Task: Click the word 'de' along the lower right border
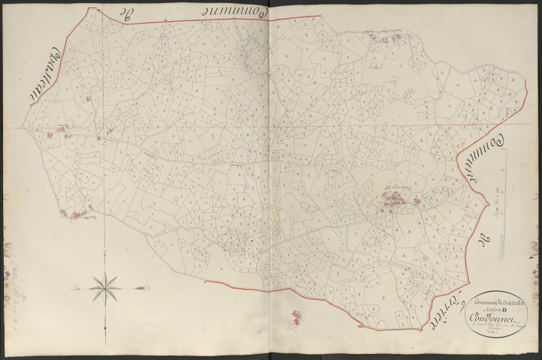click(x=486, y=244)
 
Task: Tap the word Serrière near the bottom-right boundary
click(x=447, y=314)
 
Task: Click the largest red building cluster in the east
click(x=394, y=199)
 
